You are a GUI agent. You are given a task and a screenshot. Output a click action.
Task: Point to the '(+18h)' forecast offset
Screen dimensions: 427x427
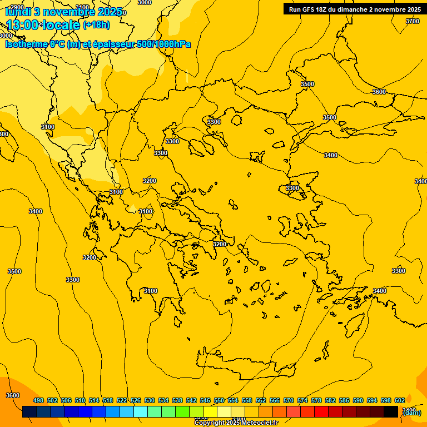pyautogui.click(x=96, y=25)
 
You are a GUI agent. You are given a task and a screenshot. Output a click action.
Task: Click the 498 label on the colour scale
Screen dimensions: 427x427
pyautogui.click(x=38, y=401)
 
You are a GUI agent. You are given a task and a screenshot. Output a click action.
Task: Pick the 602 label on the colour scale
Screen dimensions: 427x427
pyautogui.click(x=400, y=401)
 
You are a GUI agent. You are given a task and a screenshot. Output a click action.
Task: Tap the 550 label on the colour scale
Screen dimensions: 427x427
pyautogui.click(x=219, y=401)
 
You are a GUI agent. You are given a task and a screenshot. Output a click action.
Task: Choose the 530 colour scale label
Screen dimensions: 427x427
pyautogui.click(x=150, y=401)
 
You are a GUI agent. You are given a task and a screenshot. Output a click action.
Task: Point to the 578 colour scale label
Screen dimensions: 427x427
pyautogui.click(x=316, y=401)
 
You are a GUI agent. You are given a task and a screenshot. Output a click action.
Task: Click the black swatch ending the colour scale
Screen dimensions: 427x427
pyautogui.click(x=391, y=412)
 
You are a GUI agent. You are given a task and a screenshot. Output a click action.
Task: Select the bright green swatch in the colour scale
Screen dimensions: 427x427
pyautogui.click(x=182, y=412)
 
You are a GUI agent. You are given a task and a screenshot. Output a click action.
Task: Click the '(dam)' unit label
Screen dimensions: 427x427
pyautogui.click(x=412, y=412)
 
